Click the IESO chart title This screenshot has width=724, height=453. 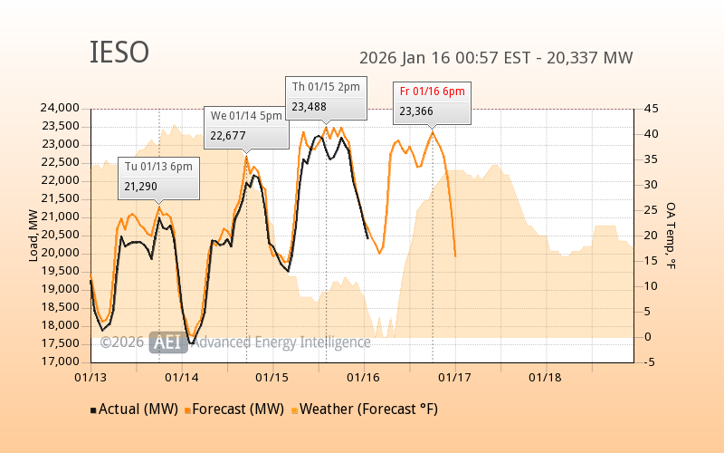coord(119,53)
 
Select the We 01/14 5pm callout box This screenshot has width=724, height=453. coord(245,126)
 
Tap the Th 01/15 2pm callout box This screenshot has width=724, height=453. coord(326,97)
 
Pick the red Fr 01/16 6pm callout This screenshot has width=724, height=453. coord(433,101)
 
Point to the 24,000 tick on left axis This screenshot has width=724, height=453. coord(62,108)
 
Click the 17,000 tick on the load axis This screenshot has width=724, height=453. coord(62,361)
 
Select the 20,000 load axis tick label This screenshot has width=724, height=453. coord(62,253)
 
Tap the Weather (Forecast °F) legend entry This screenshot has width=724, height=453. coord(361,409)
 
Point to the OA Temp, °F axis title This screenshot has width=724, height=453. coord(671,236)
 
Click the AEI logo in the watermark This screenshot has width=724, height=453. coord(168,342)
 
